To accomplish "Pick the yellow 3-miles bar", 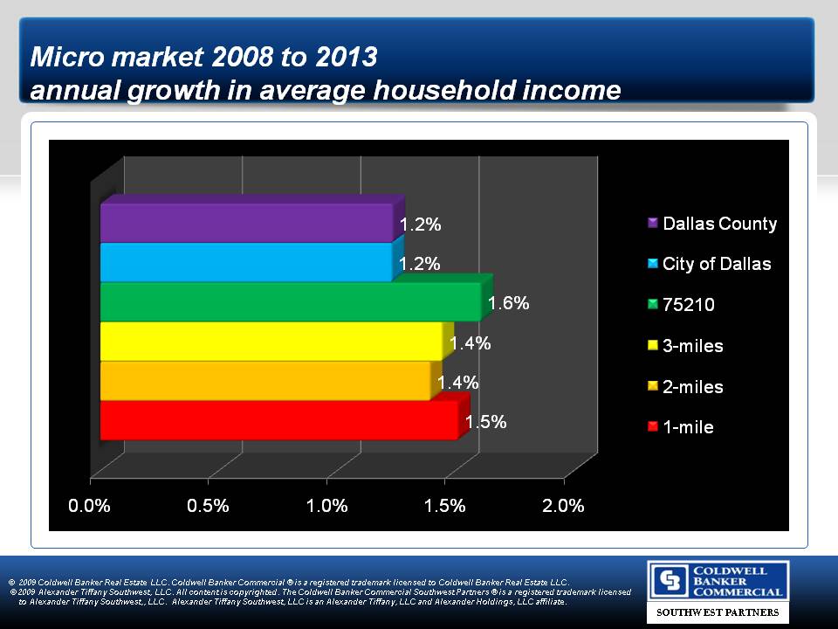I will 271,342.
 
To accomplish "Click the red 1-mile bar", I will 278,420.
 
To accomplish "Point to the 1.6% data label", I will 509,304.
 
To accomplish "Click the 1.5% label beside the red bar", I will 486,422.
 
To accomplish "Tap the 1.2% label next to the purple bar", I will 420,225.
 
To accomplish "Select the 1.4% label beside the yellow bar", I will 471,343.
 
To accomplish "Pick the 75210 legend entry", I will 689,305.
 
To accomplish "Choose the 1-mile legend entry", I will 688,427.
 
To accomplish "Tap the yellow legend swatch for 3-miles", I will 653,346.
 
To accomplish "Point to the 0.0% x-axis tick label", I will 90,506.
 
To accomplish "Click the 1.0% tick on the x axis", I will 326,506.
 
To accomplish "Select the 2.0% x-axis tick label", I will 563,506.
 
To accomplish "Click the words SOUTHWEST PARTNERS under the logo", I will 718,613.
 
